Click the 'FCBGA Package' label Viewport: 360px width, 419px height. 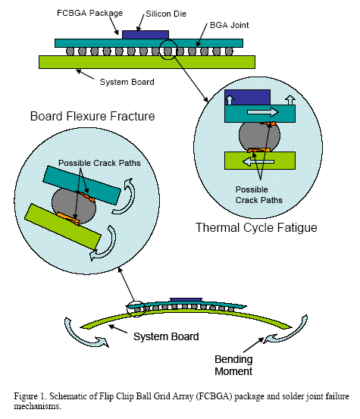89,13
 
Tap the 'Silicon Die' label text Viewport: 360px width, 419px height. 166,14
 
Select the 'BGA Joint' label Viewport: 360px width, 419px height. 230,25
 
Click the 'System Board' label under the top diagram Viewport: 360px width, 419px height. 127,82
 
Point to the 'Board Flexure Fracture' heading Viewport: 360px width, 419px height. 92,116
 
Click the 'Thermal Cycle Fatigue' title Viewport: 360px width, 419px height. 256,227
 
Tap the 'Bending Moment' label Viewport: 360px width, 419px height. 233,365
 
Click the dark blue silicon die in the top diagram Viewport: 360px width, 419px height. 146,35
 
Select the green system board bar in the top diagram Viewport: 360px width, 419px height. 147,62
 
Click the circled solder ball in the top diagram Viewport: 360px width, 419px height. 167,51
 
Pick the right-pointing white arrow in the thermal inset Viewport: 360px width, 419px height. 263,111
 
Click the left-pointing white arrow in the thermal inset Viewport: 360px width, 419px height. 258,161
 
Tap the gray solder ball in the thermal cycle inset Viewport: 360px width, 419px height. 259,136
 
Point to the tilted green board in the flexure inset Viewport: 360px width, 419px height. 63,227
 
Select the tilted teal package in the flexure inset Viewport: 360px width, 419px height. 82,185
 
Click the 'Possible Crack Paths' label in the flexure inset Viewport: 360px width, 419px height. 99,163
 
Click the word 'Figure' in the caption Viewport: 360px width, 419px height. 26,396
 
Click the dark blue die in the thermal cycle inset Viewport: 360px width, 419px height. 247,97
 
